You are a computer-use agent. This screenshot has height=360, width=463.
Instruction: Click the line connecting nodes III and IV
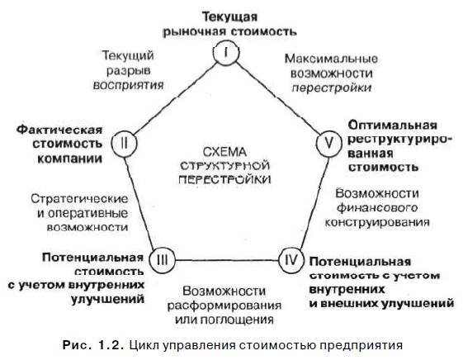point(227,260)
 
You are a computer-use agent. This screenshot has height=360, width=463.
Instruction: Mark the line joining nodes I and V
point(277,97)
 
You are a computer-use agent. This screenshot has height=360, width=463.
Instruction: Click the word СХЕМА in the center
point(224,152)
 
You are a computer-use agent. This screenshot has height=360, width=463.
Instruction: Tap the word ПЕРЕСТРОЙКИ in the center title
point(225,179)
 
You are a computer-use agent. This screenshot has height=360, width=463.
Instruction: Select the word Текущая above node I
point(229,17)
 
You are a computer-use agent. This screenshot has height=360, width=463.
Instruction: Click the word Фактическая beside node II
point(59,130)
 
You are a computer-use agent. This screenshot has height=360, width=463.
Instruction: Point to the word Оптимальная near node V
point(392,126)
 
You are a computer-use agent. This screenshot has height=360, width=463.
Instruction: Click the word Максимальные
point(331,59)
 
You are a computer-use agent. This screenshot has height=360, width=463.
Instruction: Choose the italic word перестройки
point(332,88)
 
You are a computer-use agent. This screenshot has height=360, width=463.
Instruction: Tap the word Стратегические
point(79,199)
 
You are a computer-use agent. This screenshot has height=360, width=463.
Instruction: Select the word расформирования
point(224,306)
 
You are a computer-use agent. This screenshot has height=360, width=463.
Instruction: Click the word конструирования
point(377,222)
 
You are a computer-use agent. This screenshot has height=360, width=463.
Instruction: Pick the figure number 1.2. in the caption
point(111,345)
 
